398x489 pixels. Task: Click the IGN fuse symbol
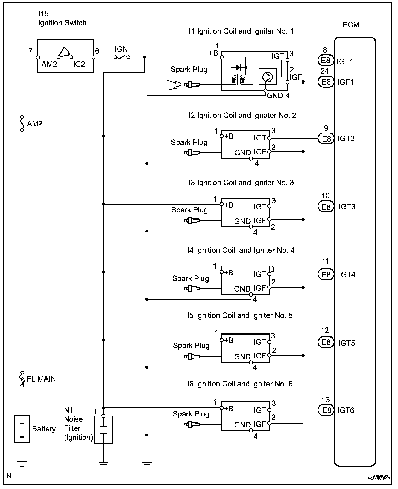coord(122,57)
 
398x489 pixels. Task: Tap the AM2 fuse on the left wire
coord(22,123)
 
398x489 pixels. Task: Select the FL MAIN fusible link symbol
coord(22,379)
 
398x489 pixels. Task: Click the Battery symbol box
coord(22,429)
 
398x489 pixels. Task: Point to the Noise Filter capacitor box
coord(103,430)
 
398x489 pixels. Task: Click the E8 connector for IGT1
coord(326,61)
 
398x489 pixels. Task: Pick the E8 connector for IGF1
coord(326,82)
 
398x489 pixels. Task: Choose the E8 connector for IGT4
coord(326,274)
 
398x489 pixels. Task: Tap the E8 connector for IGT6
coord(326,410)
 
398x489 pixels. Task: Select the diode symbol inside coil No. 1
coord(238,67)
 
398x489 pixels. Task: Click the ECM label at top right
coord(351,25)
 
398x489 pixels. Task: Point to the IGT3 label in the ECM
coord(347,206)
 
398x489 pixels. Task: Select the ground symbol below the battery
coord(22,463)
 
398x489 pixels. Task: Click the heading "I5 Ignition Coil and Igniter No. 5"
coord(240,315)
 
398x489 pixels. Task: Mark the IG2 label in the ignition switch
coord(79,64)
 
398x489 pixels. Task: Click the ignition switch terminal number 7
coord(30,51)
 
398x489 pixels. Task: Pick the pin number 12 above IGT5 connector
coord(325,330)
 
